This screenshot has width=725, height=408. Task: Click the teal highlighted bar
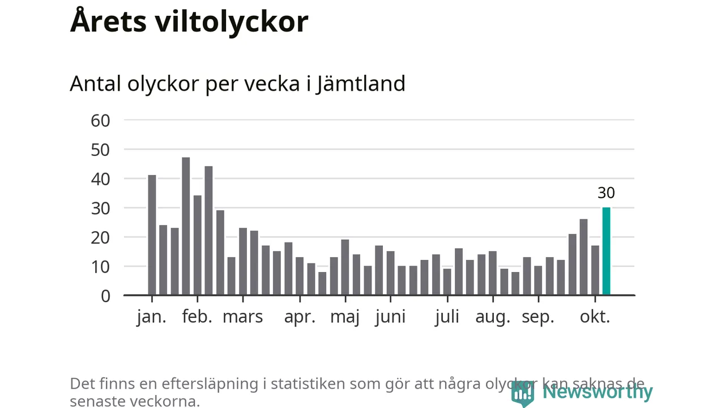606,252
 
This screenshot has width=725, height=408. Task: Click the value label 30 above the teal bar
606,193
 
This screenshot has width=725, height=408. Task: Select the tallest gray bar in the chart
186,227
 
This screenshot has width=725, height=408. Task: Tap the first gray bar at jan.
152,235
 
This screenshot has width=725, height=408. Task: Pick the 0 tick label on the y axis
105,296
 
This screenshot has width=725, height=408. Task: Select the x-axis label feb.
197,317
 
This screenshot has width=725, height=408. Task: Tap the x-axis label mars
242,317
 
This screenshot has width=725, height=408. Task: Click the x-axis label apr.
300,317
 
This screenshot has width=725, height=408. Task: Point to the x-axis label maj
345,317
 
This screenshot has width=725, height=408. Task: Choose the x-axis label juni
390,317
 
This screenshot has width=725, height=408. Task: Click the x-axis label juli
447,317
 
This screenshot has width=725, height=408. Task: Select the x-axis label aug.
493,317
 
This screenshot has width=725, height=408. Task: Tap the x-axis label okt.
595,317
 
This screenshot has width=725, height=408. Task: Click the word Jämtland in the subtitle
361,84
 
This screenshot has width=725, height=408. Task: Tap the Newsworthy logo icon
522,392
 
